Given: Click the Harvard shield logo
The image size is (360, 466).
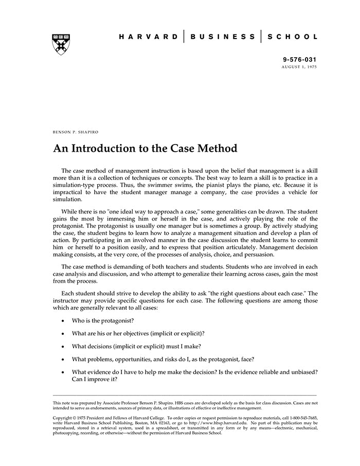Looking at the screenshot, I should tap(61, 44).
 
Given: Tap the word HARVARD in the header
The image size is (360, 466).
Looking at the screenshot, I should tap(149, 37).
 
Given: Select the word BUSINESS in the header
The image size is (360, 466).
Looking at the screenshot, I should tap(223, 37).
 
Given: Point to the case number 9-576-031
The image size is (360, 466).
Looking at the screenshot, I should tap(300, 60).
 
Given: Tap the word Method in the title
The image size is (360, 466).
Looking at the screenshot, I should tap(218, 149).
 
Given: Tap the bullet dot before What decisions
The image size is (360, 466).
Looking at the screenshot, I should tap(63, 346).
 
